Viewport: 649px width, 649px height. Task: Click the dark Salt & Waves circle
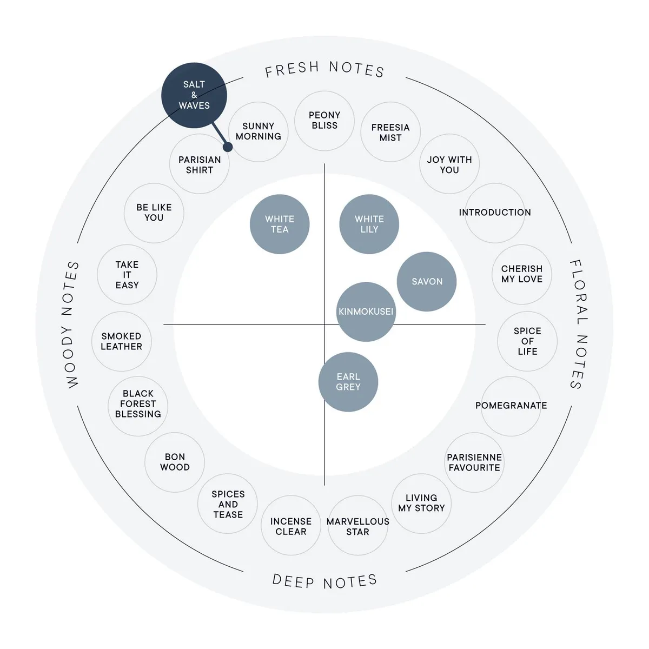coord(194,95)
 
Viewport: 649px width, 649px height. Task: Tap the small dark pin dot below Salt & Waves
coord(228,147)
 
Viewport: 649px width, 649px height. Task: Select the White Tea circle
coord(280,224)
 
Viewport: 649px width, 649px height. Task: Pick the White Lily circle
coord(369,224)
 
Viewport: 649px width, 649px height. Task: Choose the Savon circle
coord(427,281)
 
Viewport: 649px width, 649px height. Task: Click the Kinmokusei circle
coord(366,312)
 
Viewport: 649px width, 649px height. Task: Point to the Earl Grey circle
coord(348,382)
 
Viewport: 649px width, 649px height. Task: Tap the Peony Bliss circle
coord(325,121)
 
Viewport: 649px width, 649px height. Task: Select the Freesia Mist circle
coord(390,132)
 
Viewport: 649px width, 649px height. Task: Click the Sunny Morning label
coord(259,131)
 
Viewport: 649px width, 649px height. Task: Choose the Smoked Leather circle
coord(121,341)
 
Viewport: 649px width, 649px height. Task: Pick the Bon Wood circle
coord(175,462)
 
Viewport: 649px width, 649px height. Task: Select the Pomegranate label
coord(511,405)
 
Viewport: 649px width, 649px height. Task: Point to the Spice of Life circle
coord(527,341)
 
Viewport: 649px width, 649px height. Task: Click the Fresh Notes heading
coord(325,69)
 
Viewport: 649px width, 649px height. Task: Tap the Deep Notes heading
coord(325,581)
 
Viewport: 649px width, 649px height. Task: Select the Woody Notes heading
coord(71,325)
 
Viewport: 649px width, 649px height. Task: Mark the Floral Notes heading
coord(578,325)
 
